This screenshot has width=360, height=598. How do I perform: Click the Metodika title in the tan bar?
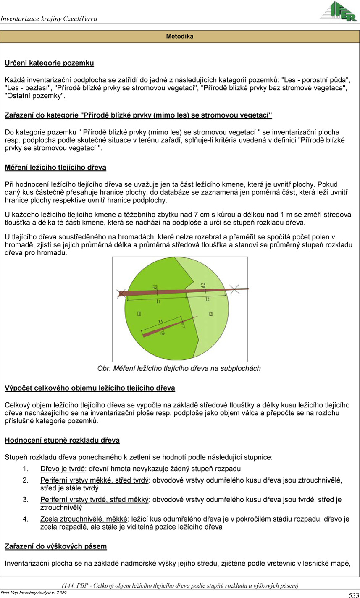point(180,37)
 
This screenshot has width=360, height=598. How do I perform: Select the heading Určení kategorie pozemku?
point(49,63)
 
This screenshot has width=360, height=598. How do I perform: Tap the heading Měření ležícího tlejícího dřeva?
point(55,168)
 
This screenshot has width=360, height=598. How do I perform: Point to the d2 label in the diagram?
point(203,286)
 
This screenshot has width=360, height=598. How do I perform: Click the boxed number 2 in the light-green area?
point(211,314)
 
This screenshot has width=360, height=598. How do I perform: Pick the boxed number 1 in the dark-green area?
point(139,313)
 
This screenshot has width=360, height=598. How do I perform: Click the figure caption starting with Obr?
point(179,368)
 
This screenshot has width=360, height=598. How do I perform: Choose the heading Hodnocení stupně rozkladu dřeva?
point(62,441)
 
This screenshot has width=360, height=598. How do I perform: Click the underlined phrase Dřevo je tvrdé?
point(63,468)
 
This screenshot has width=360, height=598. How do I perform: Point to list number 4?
point(25,519)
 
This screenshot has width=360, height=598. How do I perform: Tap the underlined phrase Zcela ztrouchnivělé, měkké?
point(84,519)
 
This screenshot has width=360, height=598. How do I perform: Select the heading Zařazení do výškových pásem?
point(55,546)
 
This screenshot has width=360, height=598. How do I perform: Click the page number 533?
point(353,595)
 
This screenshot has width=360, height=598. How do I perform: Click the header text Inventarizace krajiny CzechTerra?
point(49,18)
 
